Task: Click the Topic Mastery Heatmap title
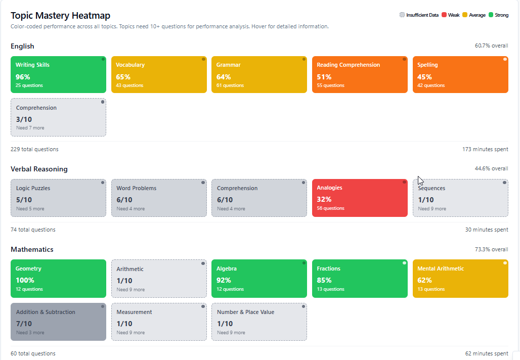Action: pos(60,16)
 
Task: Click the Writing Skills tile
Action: pos(58,75)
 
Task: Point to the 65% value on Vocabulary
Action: pos(123,77)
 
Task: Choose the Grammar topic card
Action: pos(259,75)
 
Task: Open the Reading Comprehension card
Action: pos(359,75)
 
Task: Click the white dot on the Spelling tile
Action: pos(505,59)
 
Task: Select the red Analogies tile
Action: pos(359,198)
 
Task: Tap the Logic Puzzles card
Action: pos(58,198)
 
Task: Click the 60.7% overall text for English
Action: pos(491,46)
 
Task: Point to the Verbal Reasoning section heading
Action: pos(39,169)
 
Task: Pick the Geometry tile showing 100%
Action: pos(58,279)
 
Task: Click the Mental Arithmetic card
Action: pos(460,279)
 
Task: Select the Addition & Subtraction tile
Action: pos(58,322)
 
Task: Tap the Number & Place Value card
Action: pos(259,322)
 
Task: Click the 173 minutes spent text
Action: pos(485,149)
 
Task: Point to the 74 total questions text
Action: pos(33,230)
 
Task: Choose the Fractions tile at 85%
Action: pos(359,279)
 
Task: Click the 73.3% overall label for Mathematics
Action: pos(491,249)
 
